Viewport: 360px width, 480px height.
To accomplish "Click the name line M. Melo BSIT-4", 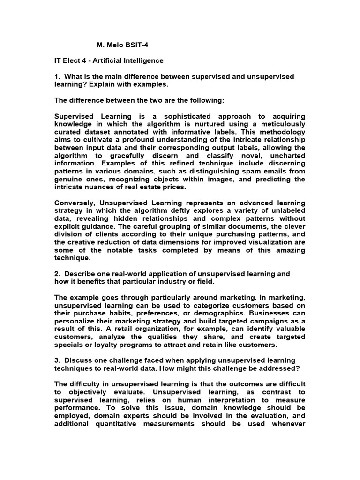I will coord(118,45).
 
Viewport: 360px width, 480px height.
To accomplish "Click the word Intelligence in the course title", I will coord(142,60).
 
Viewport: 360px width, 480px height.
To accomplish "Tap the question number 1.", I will coord(57,76).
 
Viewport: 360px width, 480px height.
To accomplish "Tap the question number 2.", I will coord(57,274).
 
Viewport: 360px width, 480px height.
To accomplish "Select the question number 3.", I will coord(57,360).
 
